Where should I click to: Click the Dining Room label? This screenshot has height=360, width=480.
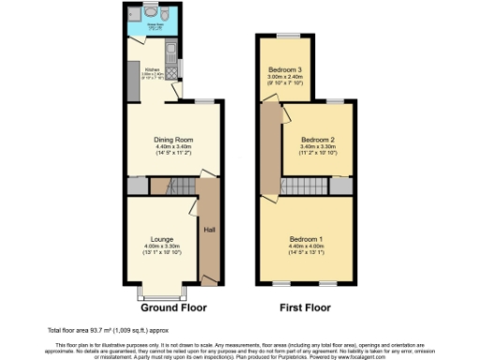pyautogui.click(x=172, y=140)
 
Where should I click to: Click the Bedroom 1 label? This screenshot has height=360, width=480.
pyautogui.click(x=306, y=238)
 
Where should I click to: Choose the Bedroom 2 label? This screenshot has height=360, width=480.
pyautogui.click(x=319, y=140)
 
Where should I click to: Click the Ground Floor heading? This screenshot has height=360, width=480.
pyautogui.click(x=173, y=307)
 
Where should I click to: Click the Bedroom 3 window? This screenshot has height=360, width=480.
pyautogui.click(x=285, y=37)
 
